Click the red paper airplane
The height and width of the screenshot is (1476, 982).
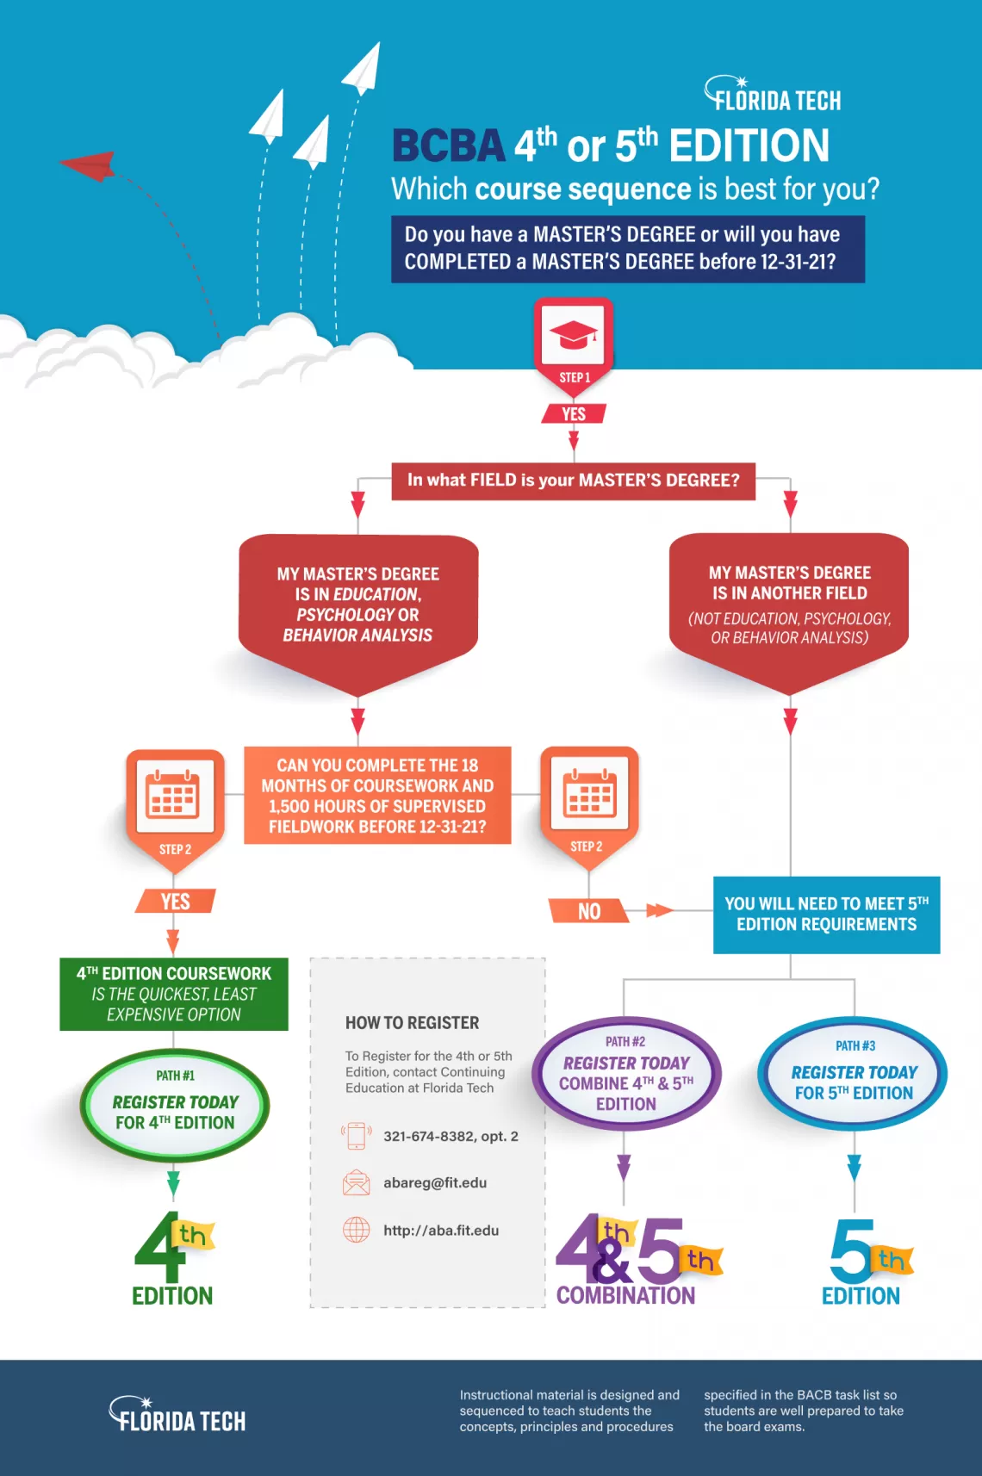click(90, 164)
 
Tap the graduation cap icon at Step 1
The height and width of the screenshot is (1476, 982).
click(574, 335)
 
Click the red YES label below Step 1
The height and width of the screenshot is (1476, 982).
click(574, 414)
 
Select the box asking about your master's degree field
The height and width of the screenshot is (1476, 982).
click(573, 481)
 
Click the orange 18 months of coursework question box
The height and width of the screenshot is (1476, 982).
click(377, 796)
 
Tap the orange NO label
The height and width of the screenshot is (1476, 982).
click(589, 911)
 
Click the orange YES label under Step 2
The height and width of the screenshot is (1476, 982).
click(175, 902)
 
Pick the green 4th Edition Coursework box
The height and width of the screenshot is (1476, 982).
click(174, 994)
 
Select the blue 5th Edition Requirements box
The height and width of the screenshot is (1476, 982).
click(826, 915)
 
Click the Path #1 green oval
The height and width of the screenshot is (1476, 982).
click(175, 1105)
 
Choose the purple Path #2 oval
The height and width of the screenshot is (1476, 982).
click(626, 1075)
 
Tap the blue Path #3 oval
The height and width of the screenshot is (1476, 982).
click(853, 1075)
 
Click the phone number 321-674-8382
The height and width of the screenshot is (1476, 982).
click(451, 1137)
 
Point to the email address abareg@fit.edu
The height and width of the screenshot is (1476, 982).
click(435, 1183)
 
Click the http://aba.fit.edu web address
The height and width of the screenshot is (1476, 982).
click(441, 1231)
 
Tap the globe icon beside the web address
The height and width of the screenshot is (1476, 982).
click(357, 1230)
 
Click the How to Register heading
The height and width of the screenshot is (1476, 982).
click(412, 1023)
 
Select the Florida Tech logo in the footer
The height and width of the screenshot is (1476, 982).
click(178, 1416)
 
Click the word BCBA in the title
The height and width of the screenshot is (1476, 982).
click(448, 146)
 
